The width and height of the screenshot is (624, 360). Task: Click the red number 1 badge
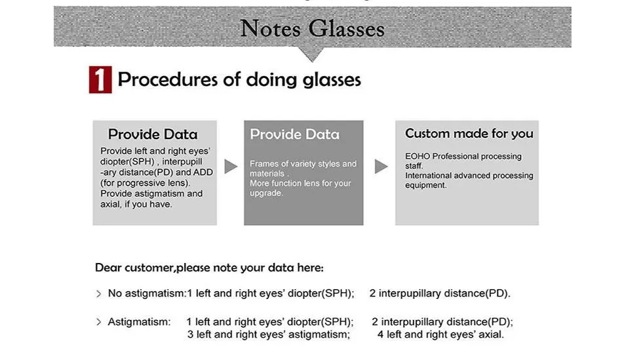pyautogui.click(x=100, y=79)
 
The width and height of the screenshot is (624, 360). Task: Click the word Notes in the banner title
pyautogui.click(x=270, y=29)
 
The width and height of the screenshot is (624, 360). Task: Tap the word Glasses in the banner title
pyautogui.click(x=346, y=29)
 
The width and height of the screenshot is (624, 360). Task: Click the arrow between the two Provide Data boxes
pyautogui.click(x=231, y=167)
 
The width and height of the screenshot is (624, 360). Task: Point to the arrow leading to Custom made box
pyautogui.click(x=381, y=167)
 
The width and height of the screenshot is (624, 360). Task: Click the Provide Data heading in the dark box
pyautogui.click(x=295, y=134)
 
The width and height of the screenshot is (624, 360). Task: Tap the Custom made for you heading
pyautogui.click(x=469, y=133)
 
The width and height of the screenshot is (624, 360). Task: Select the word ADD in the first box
pyautogui.click(x=203, y=172)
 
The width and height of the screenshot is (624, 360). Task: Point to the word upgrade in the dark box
pyautogui.click(x=266, y=193)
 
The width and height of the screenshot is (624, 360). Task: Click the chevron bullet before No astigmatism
pyautogui.click(x=99, y=294)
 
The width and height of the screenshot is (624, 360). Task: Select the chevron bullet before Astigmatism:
pyautogui.click(x=99, y=322)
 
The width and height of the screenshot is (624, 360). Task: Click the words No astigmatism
pyautogui.click(x=146, y=294)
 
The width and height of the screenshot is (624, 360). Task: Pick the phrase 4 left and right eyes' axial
pyautogui.click(x=440, y=334)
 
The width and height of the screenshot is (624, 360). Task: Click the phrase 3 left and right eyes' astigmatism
pyautogui.click(x=269, y=334)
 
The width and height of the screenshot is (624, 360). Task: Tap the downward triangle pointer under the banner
pyautogui.click(x=313, y=54)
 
